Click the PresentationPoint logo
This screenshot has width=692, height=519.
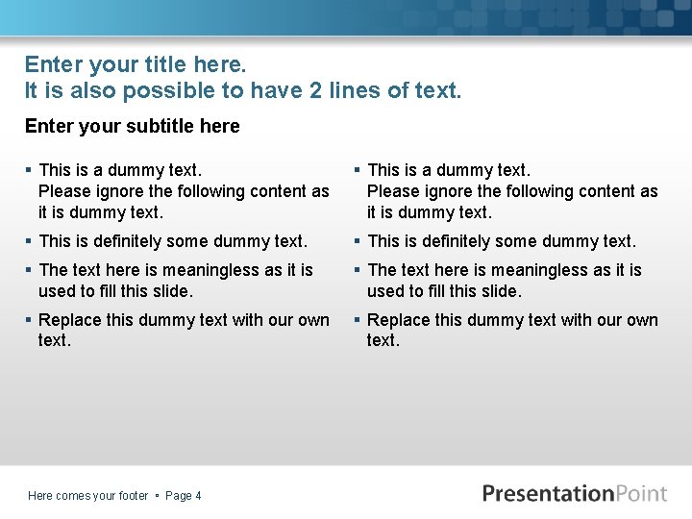(575, 493)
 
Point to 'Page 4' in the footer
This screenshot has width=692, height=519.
(184, 496)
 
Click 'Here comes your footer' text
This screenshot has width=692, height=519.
(88, 496)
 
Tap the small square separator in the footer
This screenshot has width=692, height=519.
(157, 496)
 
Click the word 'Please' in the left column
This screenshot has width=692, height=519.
(64, 191)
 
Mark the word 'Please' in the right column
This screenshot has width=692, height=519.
(393, 191)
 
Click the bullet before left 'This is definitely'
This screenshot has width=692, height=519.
(29, 241)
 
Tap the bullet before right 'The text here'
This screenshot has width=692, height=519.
(358, 270)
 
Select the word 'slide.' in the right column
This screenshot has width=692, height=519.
(497, 290)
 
